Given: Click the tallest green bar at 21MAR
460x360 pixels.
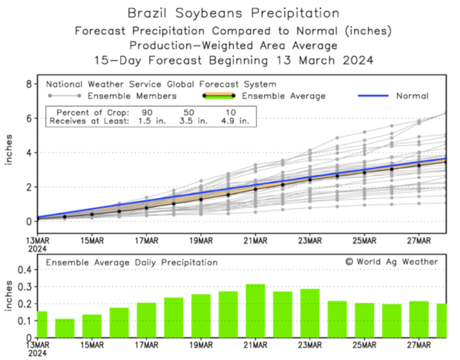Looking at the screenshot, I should click(255, 311).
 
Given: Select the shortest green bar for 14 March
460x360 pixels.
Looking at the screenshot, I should click(65, 328).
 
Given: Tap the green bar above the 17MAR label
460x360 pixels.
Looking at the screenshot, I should click(146, 320).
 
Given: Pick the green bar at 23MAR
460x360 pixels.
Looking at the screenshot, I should click(310, 313).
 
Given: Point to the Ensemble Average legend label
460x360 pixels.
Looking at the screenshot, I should click(284, 96).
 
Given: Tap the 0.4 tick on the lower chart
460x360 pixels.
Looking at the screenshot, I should click(25, 270).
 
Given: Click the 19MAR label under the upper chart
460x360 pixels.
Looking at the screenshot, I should click(201, 240).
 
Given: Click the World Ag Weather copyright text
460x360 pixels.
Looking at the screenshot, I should click(391, 262).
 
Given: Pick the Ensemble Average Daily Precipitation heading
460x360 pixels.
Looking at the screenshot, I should click(132, 262).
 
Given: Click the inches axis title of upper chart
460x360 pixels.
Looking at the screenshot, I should click(9, 150).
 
